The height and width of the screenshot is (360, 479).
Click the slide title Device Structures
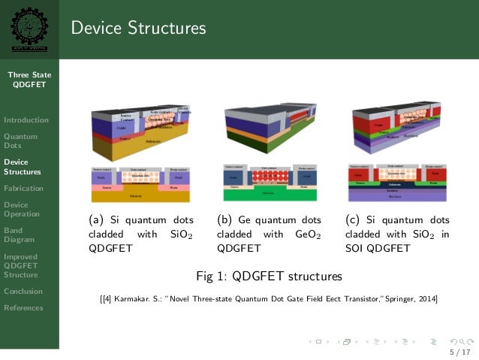point(138,29)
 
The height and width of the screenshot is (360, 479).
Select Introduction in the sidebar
point(26,119)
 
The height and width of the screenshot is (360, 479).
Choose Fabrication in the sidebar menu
point(23,188)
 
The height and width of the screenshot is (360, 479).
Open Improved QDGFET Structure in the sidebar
point(22,265)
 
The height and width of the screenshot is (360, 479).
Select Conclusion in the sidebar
point(23,291)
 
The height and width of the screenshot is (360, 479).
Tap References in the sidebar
point(23,307)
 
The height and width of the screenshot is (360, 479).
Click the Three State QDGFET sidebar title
point(29,80)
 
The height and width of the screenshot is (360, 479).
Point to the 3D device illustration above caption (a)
point(140,134)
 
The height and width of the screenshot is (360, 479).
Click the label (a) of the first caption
point(95,220)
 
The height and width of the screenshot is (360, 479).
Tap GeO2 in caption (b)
point(308,234)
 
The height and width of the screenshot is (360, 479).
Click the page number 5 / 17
point(459,352)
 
